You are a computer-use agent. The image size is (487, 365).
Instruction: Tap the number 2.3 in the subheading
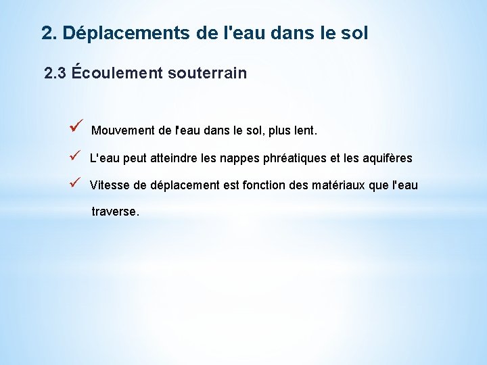55,73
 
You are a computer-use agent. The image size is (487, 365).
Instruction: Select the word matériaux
337,185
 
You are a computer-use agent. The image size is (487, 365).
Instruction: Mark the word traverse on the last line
115,212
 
